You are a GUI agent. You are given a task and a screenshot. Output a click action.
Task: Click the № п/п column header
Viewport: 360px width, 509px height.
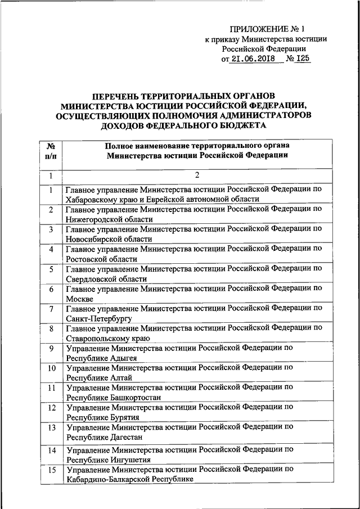tap(51, 150)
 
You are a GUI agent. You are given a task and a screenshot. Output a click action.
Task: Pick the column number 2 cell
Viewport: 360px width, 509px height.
tap(197, 176)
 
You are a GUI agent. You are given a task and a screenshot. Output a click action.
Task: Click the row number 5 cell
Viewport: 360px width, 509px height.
tap(51, 270)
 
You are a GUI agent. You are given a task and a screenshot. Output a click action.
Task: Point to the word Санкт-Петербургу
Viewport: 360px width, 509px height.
tap(98, 318)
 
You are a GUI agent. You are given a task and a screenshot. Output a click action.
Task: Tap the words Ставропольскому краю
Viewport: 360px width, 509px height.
tap(107, 338)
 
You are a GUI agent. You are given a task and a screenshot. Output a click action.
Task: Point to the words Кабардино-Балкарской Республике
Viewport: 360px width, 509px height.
tap(130, 479)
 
